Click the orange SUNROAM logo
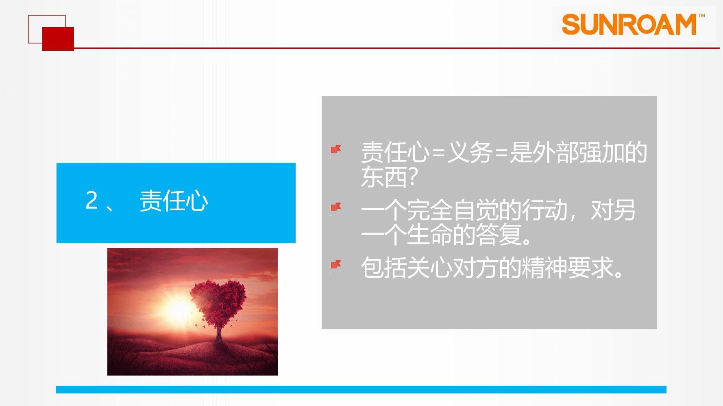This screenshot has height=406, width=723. (629, 24)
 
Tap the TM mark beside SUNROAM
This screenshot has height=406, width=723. (701, 16)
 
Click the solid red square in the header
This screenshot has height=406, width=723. (58, 39)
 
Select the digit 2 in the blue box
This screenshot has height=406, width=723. (92, 200)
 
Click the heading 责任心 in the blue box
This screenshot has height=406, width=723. (174, 201)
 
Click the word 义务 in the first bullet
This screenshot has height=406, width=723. (470, 153)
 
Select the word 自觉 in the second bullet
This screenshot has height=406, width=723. (476, 210)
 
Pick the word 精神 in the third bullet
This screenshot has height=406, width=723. (545, 268)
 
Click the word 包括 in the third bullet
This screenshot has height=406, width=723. (384, 268)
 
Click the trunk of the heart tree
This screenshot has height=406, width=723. (219, 335)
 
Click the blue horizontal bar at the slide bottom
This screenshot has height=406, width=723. (361, 389)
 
